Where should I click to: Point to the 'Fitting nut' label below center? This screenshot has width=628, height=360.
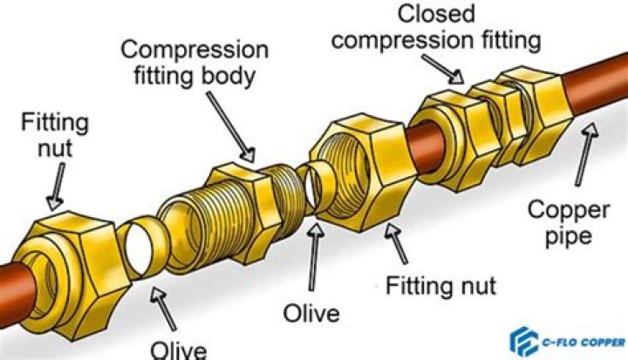point(440,285)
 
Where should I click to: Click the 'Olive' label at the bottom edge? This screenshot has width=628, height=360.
point(179,350)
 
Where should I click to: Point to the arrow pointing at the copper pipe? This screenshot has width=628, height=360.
point(587,139)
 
